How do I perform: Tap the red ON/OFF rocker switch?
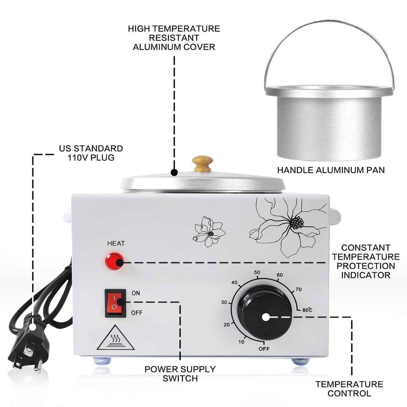[115, 303]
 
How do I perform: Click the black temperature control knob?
[265, 313]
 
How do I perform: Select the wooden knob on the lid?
[202, 163]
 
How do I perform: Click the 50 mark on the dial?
[257, 272]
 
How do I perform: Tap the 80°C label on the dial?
[307, 310]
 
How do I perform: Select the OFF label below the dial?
[264, 349]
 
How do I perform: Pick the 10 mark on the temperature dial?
[241, 342]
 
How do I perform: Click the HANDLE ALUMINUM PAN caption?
[331, 170]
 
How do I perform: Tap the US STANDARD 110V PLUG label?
[91, 153]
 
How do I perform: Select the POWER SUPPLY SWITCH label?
[180, 373]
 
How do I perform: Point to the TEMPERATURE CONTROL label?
[349, 389]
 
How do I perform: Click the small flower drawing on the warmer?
[209, 232]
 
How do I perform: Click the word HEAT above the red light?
[116, 243]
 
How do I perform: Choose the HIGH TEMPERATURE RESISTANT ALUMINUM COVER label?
[174, 38]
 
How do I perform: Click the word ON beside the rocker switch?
[136, 293]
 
